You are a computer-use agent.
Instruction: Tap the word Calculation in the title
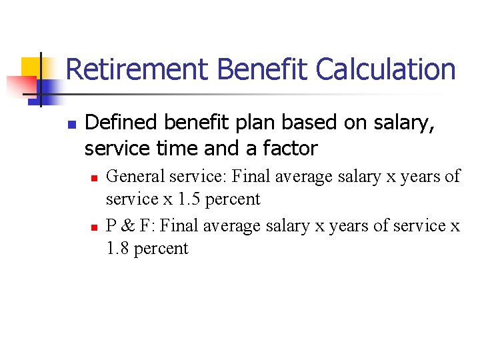pyautogui.click(x=385, y=69)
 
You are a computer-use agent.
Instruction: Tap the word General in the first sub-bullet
pyautogui.click(x=135, y=176)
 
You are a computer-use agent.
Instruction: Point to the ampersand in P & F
pyautogui.click(x=127, y=226)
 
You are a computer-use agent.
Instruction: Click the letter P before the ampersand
pyautogui.click(x=111, y=226)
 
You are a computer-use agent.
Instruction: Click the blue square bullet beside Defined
pyautogui.click(x=73, y=124)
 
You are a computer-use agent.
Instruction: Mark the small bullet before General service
pyautogui.click(x=94, y=177)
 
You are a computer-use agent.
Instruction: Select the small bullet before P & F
pyautogui.click(x=94, y=227)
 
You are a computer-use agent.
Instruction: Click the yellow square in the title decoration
pyautogui.click(x=31, y=67)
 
